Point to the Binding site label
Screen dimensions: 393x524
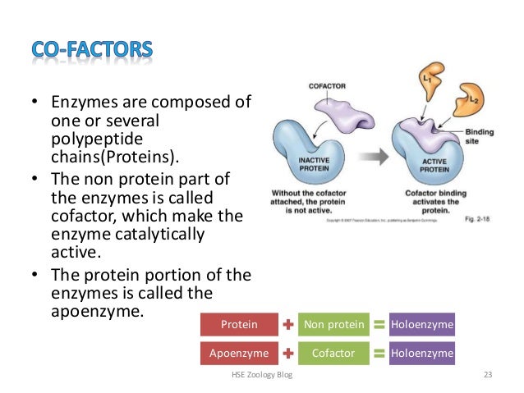click(479, 135)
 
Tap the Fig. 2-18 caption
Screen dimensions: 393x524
click(479, 220)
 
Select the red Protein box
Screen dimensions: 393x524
click(238, 325)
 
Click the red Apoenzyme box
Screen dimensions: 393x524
click(238, 354)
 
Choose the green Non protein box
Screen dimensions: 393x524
click(333, 325)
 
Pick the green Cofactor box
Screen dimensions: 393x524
click(333, 354)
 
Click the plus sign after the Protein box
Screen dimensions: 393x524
click(288, 325)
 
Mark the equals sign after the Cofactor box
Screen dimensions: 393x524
click(379, 354)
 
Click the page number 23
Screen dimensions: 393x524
click(488, 375)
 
